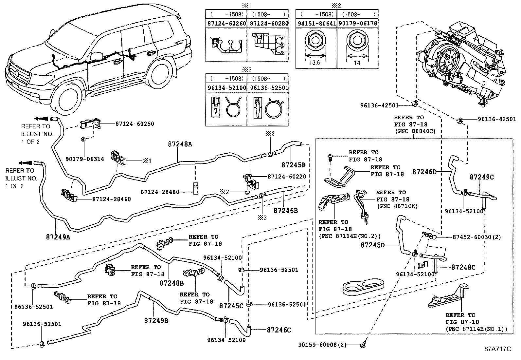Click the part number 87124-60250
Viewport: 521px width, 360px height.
pos(135,124)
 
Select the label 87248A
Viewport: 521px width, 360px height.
pos(180,144)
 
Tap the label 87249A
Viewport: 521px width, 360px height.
pos(58,237)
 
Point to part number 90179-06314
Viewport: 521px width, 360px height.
pos(85,159)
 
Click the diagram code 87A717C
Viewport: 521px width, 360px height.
pos(497,349)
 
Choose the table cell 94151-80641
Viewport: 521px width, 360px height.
pos(316,24)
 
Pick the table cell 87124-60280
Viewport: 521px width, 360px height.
pos(268,24)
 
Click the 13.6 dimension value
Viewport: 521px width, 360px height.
pos(314,63)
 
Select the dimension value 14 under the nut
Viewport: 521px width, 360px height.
pos(357,63)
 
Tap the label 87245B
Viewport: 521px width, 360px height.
pos(293,164)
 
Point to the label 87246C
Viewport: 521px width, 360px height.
pos(279,330)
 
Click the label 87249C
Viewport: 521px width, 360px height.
pos(481,177)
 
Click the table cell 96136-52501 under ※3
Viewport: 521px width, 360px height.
pos(268,88)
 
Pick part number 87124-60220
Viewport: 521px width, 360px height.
pos(287,177)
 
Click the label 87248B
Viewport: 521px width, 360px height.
pos(171,282)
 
